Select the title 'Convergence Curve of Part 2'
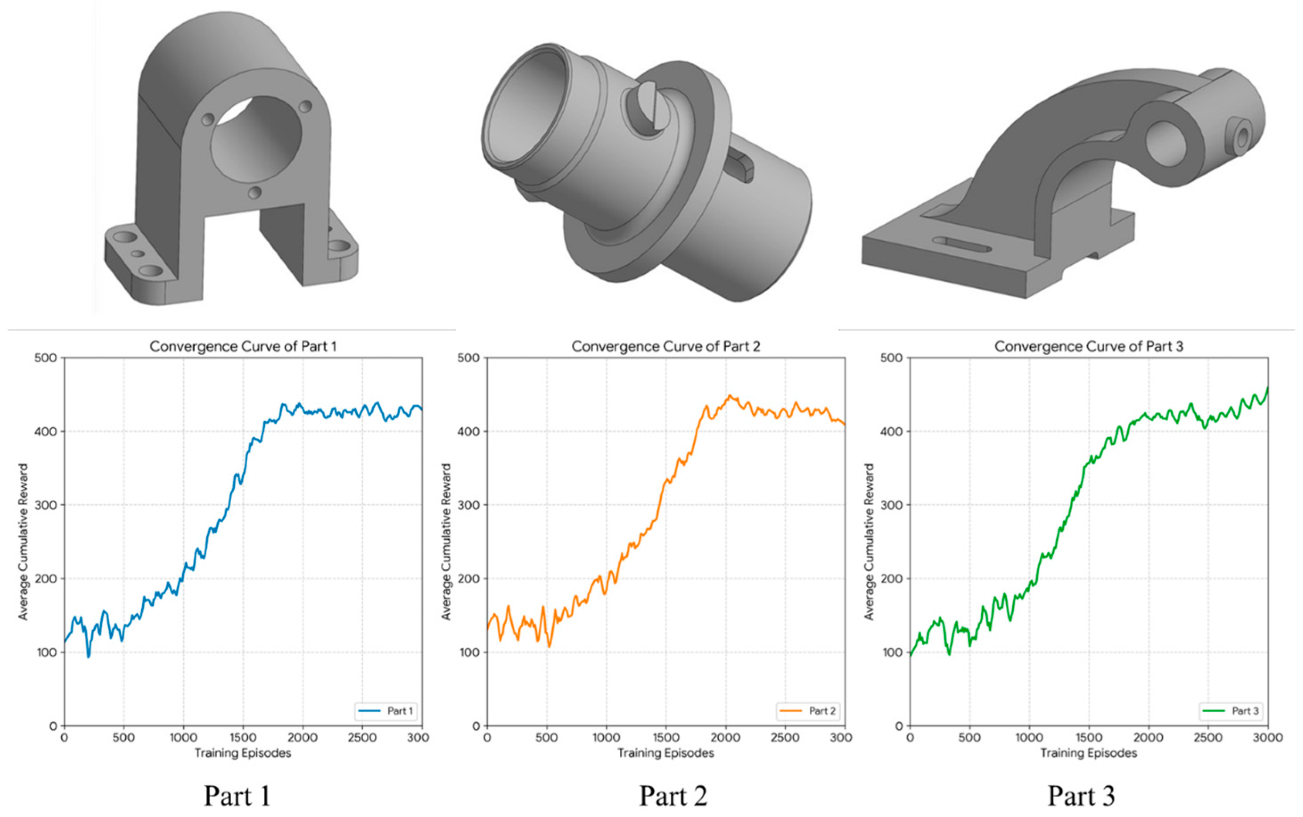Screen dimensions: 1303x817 point(666,346)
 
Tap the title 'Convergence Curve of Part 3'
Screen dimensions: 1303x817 point(1089,346)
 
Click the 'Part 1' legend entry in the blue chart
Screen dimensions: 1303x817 point(386,710)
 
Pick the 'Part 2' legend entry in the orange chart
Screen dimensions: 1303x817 point(809,710)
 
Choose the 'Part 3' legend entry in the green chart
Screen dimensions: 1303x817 point(1232,710)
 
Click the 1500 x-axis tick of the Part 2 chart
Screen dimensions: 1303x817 point(666,737)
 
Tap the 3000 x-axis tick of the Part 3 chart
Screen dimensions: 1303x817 point(1267,737)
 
